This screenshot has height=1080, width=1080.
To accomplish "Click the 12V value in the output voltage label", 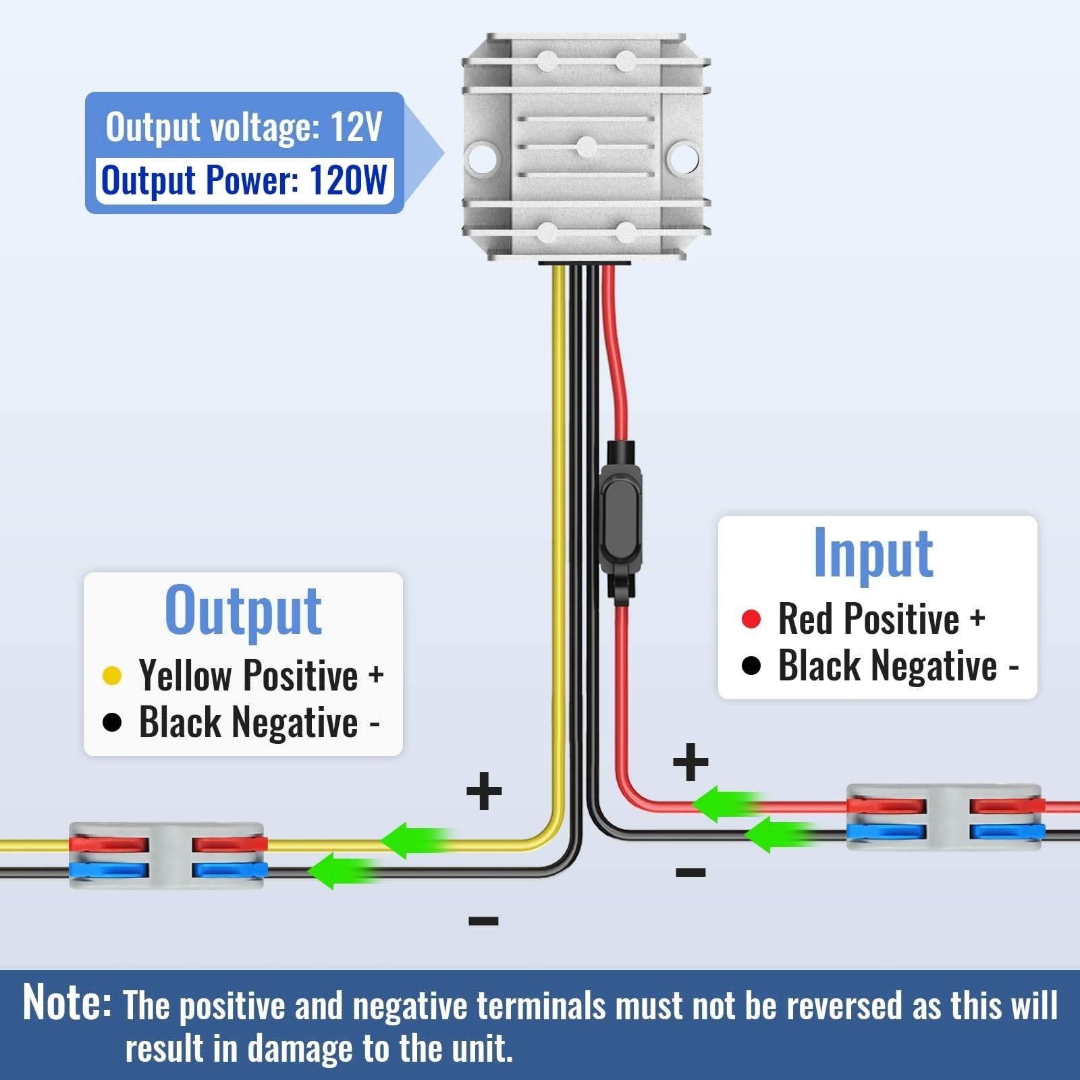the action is pyautogui.click(x=356, y=126).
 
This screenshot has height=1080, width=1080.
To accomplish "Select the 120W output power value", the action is pyautogui.click(x=348, y=180).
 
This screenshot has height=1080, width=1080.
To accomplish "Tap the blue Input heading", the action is pyautogui.click(x=873, y=554).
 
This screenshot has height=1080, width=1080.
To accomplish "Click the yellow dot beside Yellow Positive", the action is pyautogui.click(x=112, y=676).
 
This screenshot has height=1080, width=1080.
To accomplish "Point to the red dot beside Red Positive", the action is pyautogui.click(x=751, y=619).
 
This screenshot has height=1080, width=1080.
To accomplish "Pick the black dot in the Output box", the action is pyautogui.click(x=112, y=723).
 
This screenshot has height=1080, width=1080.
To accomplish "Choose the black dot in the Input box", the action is pyautogui.click(x=751, y=666).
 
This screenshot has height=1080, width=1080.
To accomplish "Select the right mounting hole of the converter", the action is pyautogui.click(x=682, y=157).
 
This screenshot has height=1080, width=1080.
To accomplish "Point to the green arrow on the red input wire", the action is pyautogui.click(x=728, y=804).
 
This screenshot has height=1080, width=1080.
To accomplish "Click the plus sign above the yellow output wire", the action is pyautogui.click(x=484, y=791).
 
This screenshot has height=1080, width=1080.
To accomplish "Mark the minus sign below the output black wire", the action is pyautogui.click(x=483, y=921).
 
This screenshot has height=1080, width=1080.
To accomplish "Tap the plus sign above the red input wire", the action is pyautogui.click(x=691, y=762).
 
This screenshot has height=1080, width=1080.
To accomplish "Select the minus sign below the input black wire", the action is pyautogui.click(x=691, y=872).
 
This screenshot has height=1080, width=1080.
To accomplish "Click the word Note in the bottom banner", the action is pyautogui.click(x=67, y=1002).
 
